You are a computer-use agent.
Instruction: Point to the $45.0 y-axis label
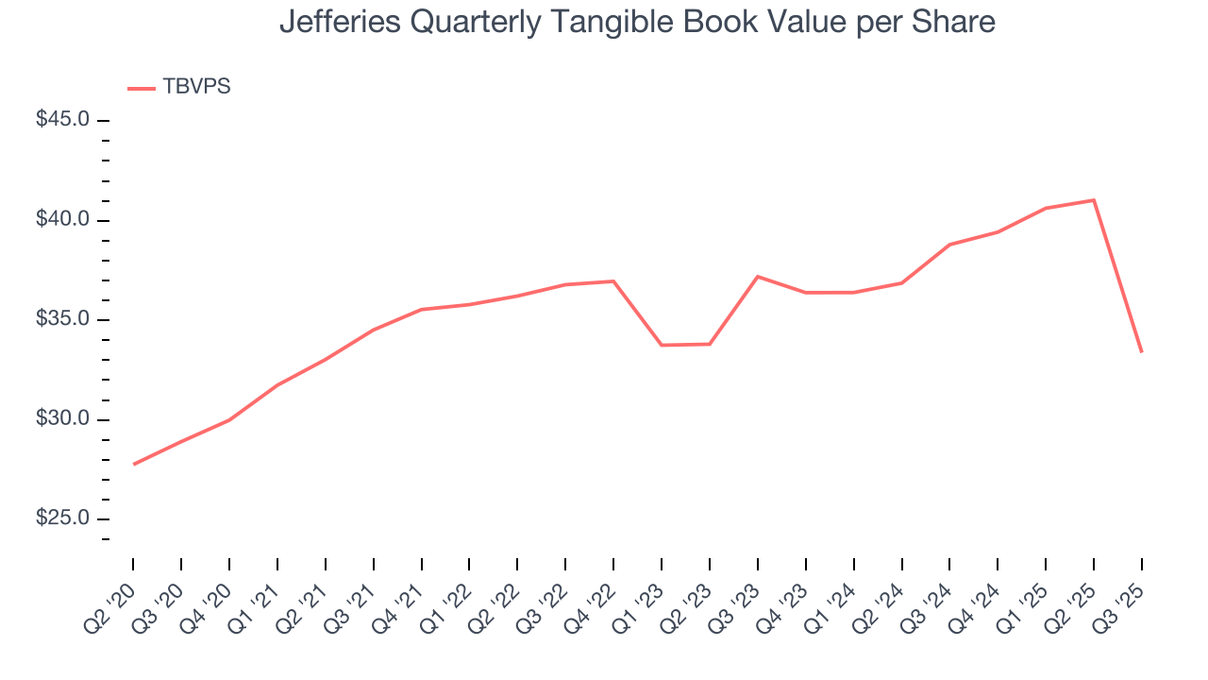(62, 121)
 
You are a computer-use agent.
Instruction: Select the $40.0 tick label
(62, 220)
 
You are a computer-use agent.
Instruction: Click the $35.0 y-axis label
(62, 320)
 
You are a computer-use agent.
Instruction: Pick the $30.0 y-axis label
(62, 419)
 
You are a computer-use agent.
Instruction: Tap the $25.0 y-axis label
(62, 519)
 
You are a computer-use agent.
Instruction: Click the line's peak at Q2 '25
(1094, 200)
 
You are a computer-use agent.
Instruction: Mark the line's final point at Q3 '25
(1142, 352)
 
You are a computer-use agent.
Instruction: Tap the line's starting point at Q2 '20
(133, 465)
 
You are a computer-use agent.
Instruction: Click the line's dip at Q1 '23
(662, 345)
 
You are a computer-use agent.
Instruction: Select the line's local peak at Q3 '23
(758, 277)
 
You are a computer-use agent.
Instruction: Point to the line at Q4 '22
(613, 281)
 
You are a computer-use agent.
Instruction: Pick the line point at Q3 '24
(949, 245)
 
